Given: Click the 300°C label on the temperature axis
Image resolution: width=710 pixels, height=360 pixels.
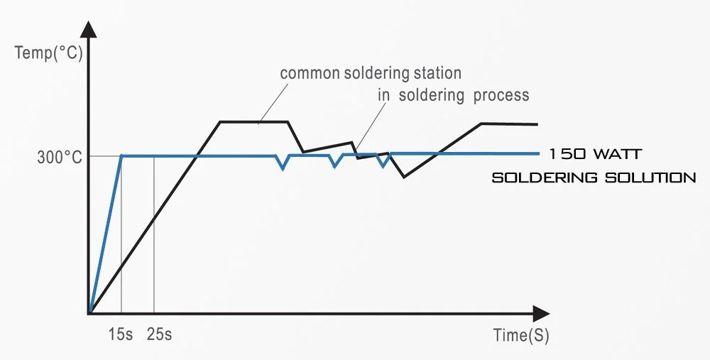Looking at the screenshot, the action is [59, 158].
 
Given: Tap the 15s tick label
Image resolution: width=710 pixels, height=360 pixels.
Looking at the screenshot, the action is [121, 334].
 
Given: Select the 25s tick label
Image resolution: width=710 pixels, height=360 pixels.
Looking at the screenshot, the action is [159, 334].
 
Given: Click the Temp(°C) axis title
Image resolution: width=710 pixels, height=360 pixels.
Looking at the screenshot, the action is [45, 53].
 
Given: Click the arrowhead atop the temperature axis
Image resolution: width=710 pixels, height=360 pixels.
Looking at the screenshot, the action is [89, 29].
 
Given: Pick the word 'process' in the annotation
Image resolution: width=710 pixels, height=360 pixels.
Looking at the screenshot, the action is [501, 94].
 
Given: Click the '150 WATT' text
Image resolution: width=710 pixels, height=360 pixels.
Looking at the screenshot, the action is [596, 154].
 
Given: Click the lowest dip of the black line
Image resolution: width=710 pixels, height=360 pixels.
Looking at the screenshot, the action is [404, 176].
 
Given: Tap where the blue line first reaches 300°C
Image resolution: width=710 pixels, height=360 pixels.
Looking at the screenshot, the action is [122, 156].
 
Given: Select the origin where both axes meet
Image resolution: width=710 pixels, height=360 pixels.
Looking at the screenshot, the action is [90, 312].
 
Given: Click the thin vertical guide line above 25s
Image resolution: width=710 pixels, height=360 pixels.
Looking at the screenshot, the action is [154, 234].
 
